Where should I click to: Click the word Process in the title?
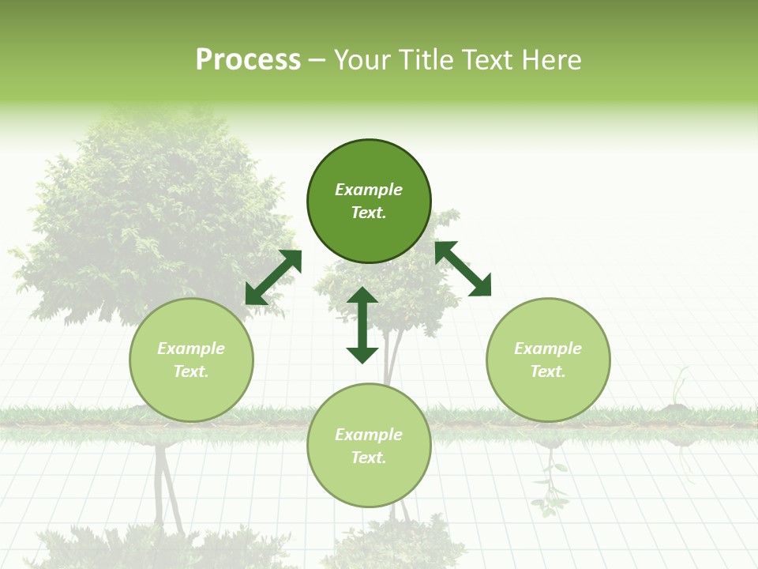248,60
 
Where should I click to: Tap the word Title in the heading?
430,60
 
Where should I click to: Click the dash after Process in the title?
317,62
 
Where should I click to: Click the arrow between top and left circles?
273,277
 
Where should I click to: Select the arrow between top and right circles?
463,269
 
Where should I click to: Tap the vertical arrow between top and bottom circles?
362,325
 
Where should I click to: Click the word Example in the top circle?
369,190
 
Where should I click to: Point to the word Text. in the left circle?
191,371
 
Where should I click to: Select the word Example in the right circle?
548,349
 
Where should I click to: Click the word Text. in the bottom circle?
369,458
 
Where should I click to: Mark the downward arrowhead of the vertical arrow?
362,354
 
